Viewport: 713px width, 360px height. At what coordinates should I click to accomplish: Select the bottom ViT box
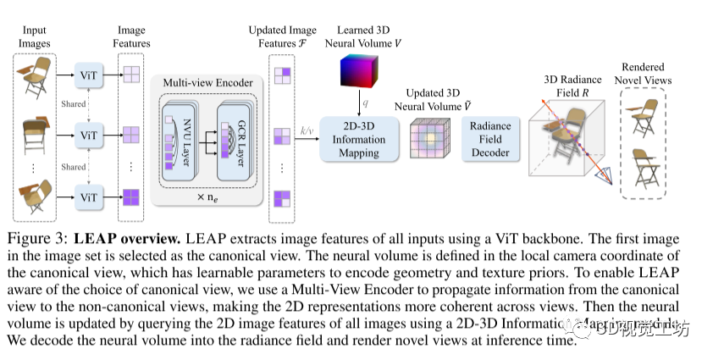tap(89, 197)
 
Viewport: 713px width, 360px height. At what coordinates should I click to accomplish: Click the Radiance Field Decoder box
tap(490, 140)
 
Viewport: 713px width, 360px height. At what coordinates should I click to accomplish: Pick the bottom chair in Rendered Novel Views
tap(647, 169)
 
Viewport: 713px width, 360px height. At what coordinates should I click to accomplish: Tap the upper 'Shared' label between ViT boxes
tap(74, 104)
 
